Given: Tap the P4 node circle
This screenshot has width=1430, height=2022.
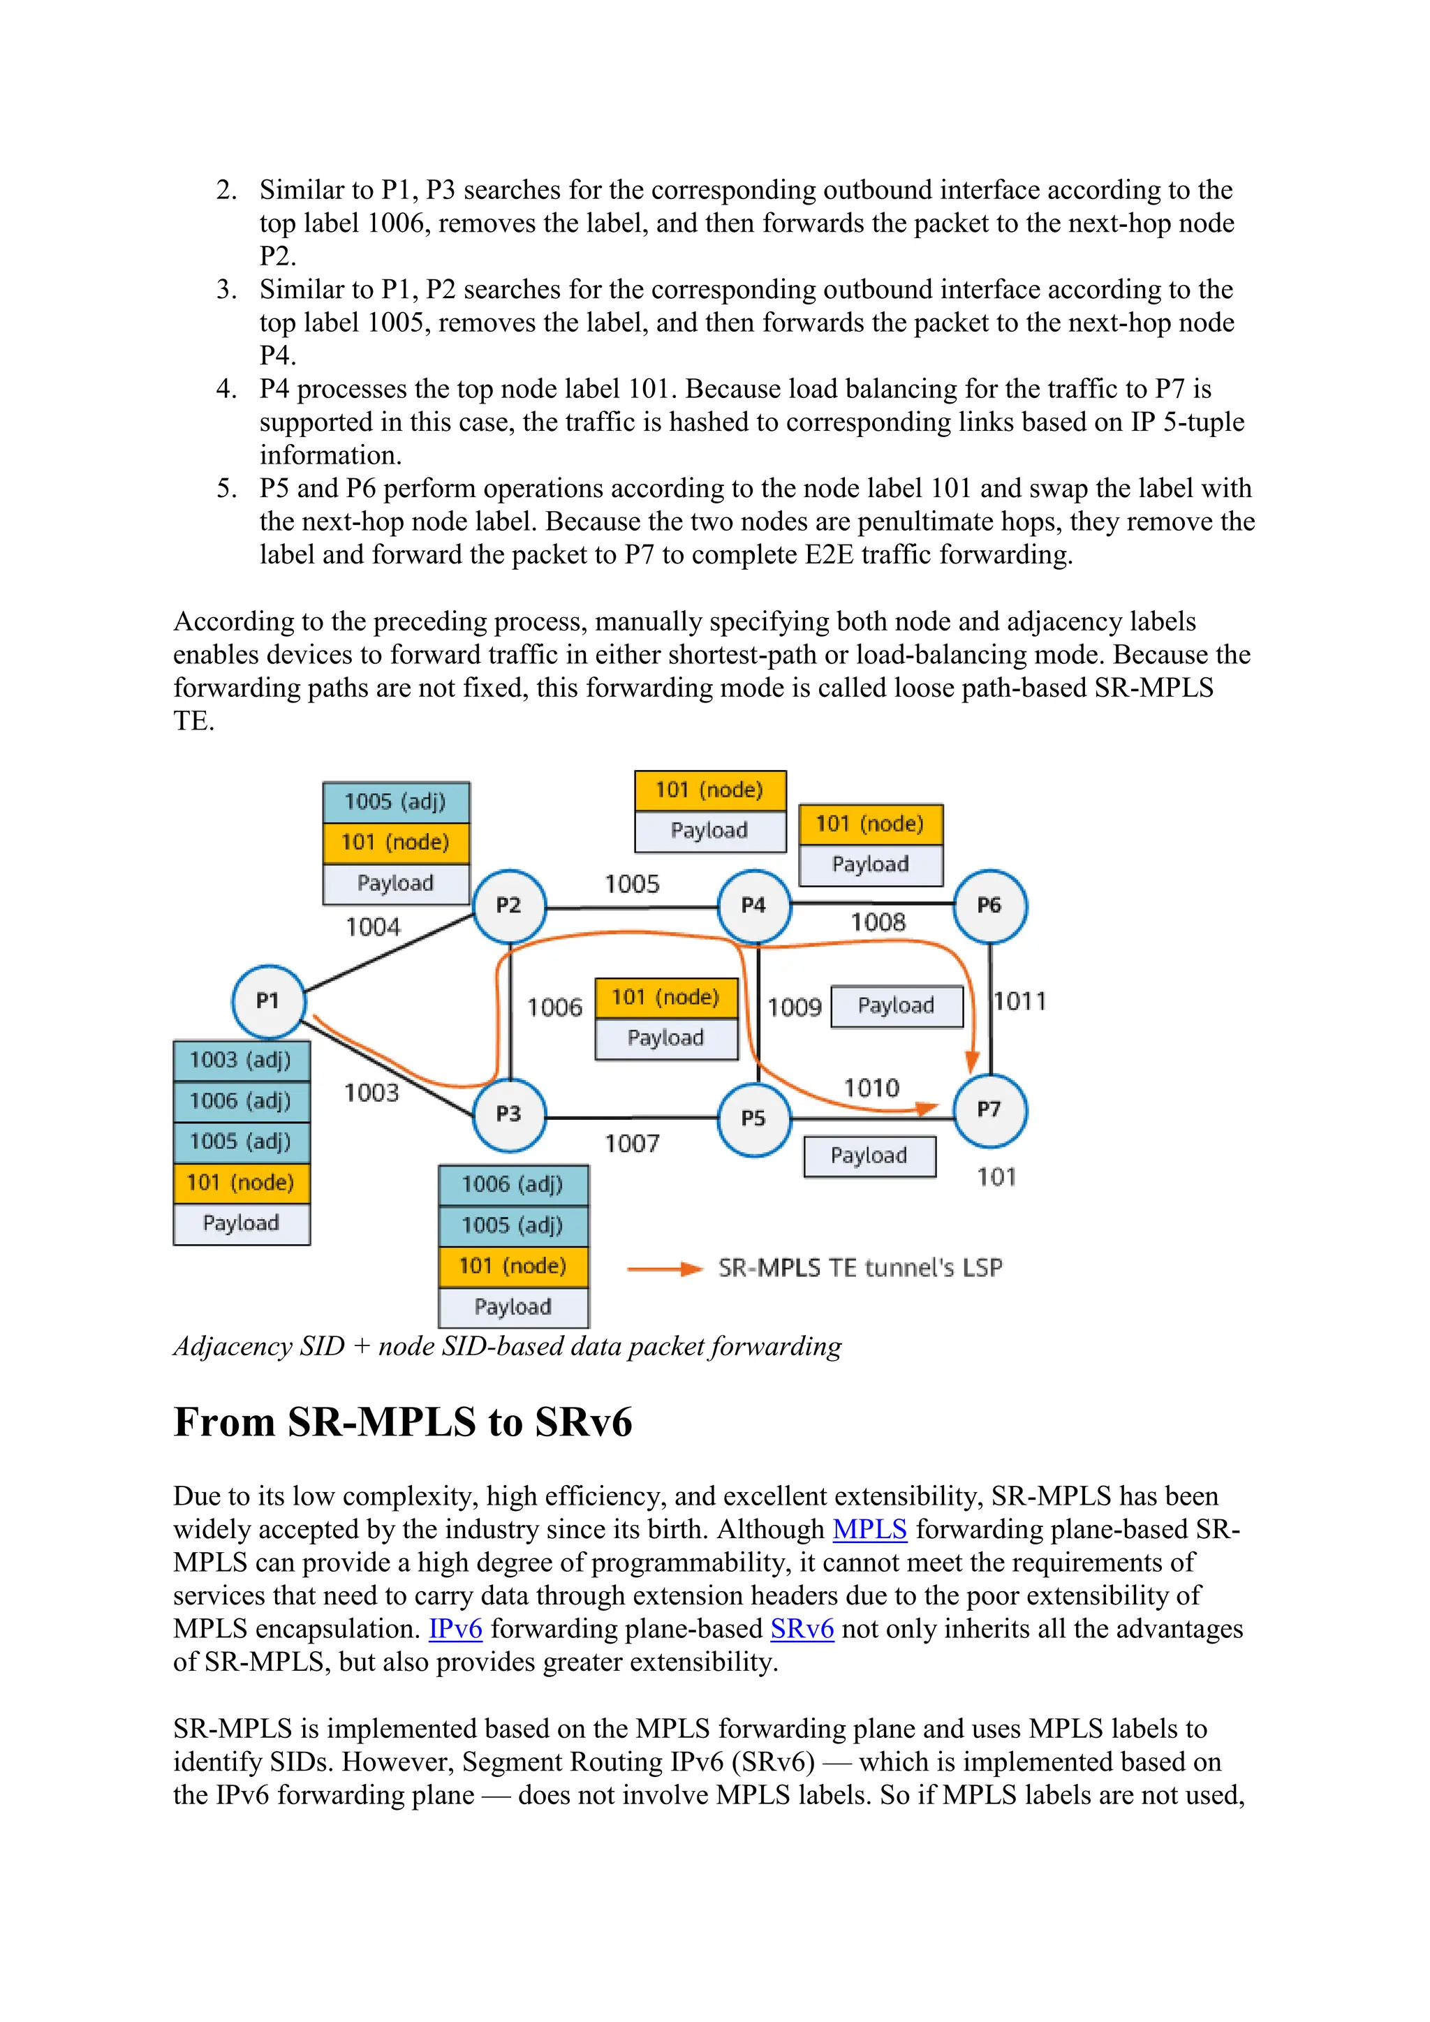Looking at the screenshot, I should click(x=753, y=906).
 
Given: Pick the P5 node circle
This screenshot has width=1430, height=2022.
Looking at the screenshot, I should click(x=753, y=1119).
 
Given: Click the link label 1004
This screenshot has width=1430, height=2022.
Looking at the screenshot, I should click(x=372, y=927).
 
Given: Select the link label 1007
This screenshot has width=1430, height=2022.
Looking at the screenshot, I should click(x=632, y=1144).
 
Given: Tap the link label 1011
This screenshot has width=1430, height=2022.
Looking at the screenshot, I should click(x=1019, y=1001).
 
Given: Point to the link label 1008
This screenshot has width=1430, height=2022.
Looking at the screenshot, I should click(x=878, y=922).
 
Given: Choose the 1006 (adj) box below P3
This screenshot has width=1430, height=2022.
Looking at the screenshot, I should click(x=513, y=1184).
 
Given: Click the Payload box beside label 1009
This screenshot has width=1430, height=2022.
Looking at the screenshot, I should click(x=897, y=1005).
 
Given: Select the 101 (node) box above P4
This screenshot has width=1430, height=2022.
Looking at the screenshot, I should click(x=709, y=790).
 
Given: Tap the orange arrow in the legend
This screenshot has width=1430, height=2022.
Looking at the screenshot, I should click(x=664, y=1269).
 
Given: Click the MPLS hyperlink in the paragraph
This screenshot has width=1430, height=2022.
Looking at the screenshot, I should click(x=869, y=1530).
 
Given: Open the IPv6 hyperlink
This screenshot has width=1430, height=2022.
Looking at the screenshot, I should click(x=455, y=1629).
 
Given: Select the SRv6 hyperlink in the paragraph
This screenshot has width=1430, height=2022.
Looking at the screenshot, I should click(x=802, y=1629).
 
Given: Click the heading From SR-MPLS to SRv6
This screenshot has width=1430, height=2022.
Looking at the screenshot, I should click(x=402, y=1422).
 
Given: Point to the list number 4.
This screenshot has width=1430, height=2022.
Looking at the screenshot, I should click(x=226, y=390).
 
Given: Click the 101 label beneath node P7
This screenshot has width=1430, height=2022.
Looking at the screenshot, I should click(x=997, y=1177).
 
